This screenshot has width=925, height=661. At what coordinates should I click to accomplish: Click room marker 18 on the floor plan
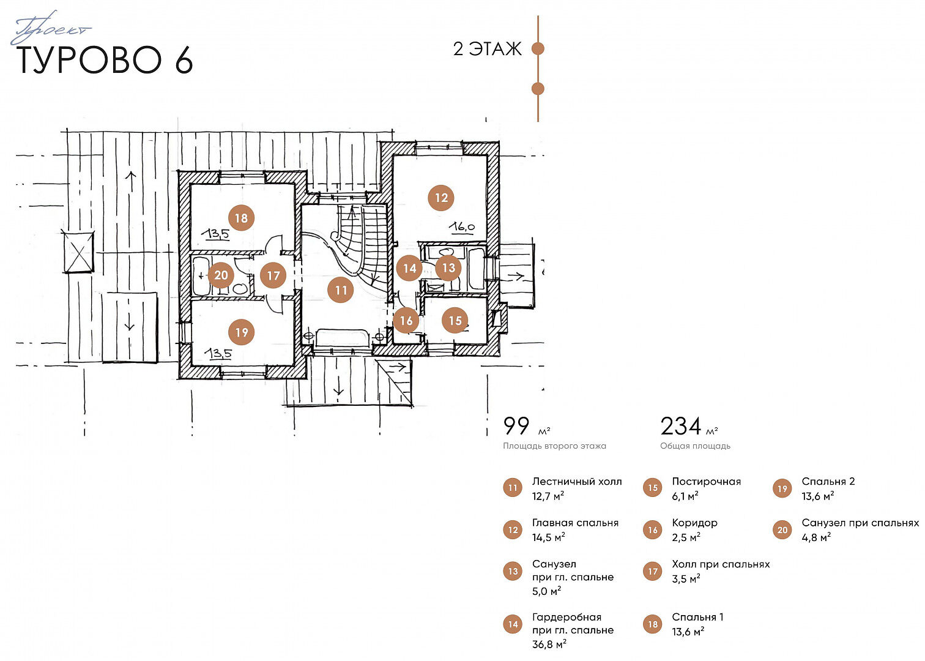coord(241,218)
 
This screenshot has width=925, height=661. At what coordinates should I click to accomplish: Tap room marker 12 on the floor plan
coord(441,198)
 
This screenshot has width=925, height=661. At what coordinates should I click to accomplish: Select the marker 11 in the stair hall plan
coord(340,290)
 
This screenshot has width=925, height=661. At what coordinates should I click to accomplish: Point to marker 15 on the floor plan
coord(455,320)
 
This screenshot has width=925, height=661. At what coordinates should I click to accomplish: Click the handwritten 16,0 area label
coord(462,227)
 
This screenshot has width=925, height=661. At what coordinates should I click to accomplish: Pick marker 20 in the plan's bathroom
coord(221,275)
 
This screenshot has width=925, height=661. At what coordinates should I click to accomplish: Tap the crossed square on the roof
coord(78,252)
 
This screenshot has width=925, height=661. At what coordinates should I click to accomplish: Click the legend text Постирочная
coord(706,481)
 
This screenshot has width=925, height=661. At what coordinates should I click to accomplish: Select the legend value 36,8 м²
coord(549,644)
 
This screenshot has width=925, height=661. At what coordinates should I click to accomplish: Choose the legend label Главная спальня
coord(575,523)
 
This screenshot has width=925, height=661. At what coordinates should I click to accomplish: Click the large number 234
coord(680,426)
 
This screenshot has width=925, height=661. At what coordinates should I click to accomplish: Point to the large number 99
coord(516,426)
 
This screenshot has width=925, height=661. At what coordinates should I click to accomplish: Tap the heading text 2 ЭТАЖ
coord(487,49)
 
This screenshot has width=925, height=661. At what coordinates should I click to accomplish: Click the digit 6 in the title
coord(184,60)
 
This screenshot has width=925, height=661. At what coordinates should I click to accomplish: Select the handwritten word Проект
coord(50,28)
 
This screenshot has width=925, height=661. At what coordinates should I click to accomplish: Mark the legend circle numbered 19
coord(782,489)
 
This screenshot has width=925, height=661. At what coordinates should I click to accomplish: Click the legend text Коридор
coord(694,523)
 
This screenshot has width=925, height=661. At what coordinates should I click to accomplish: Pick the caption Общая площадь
coord(695,446)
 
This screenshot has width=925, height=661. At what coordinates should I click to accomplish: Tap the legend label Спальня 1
coord(697,617)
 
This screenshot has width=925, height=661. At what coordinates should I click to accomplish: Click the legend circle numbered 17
coord(652,572)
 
